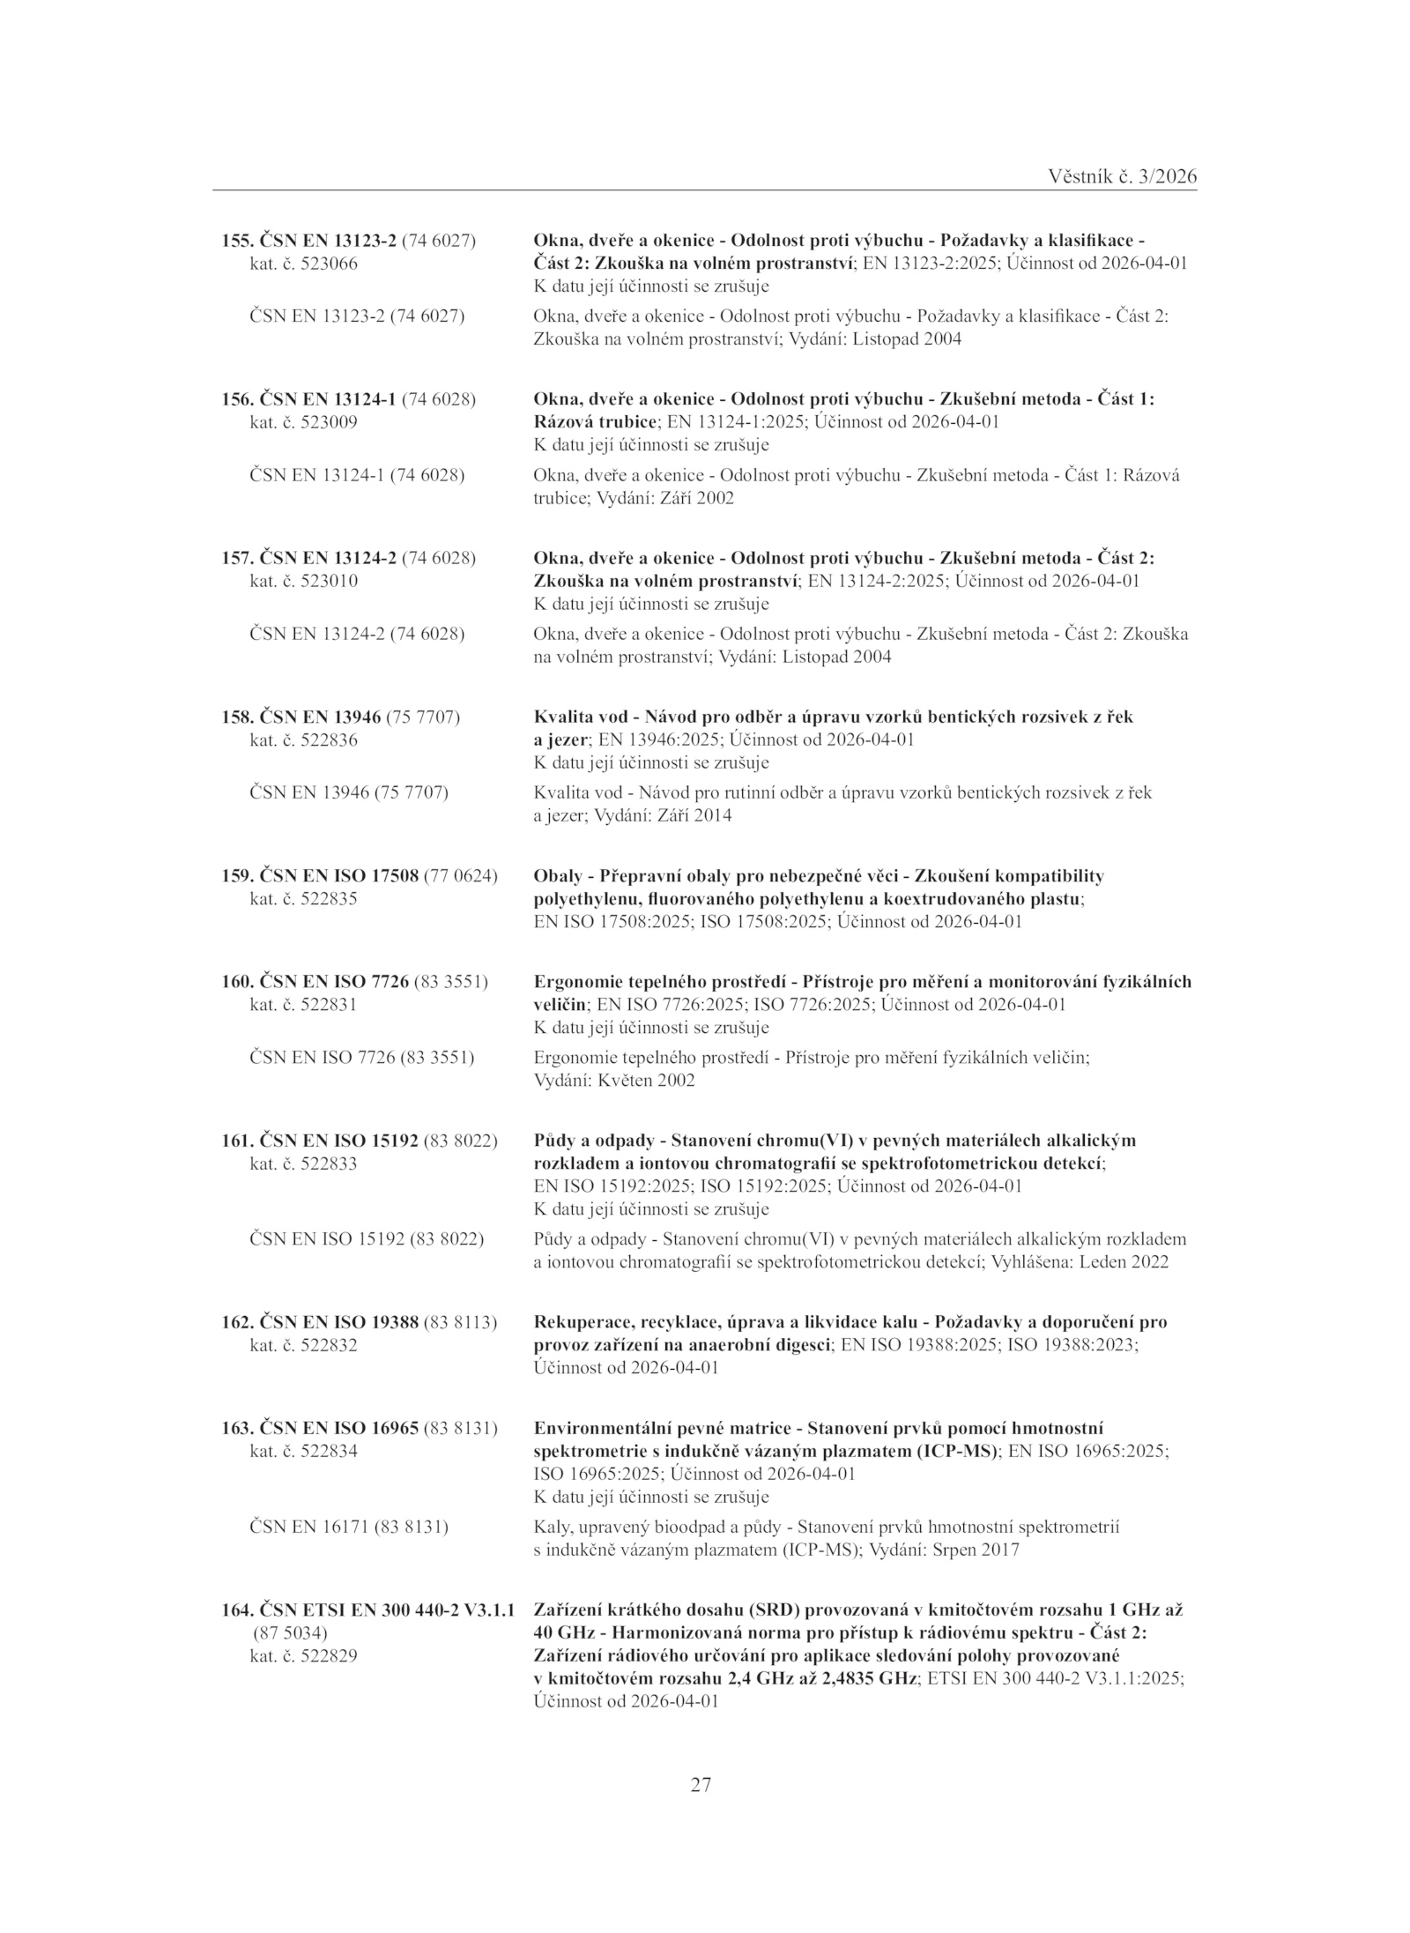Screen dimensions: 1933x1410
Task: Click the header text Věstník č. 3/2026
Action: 1123,176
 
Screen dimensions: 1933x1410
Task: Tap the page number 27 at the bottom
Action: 701,1785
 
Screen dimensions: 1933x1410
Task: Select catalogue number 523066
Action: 329,264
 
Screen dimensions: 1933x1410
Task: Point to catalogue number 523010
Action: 329,581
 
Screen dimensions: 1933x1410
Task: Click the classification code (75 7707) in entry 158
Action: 423,717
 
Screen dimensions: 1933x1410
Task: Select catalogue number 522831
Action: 329,1004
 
